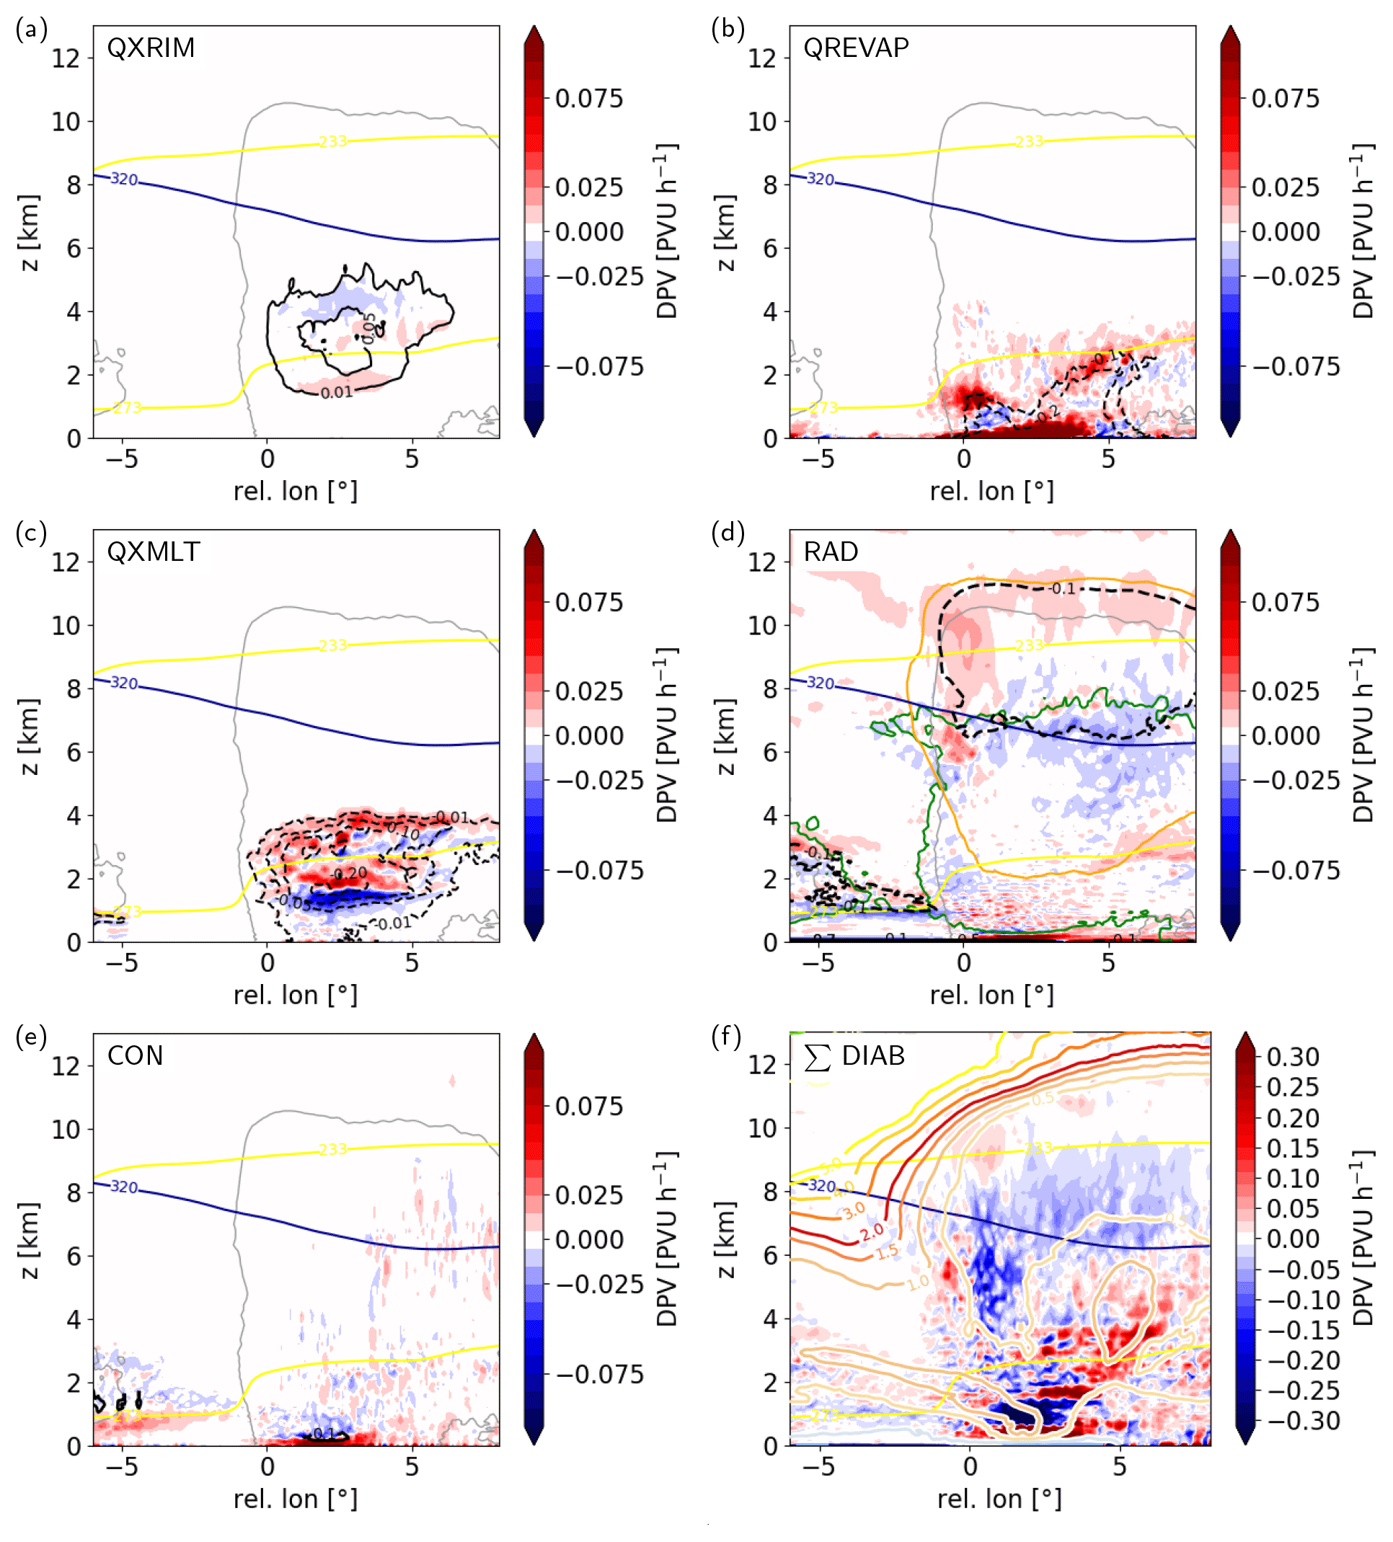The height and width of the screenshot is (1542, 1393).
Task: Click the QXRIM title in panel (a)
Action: pos(151,48)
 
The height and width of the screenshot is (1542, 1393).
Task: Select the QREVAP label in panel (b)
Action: pos(855,48)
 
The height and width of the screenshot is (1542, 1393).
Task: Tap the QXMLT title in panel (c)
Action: pos(153,551)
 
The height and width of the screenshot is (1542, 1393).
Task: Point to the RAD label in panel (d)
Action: pos(830,551)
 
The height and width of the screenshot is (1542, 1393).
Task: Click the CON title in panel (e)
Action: pos(135,1055)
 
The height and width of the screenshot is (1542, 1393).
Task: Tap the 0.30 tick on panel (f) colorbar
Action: pos(1292,1056)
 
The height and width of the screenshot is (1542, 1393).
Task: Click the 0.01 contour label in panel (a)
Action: pos(337,392)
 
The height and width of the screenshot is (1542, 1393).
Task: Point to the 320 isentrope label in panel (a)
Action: pos(124,179)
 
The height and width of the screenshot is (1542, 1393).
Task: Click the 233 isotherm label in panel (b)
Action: pos(1029,141)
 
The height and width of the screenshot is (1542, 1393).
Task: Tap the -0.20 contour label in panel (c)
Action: pos(350,873)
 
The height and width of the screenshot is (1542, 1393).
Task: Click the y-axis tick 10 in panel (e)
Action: pos(66,1128)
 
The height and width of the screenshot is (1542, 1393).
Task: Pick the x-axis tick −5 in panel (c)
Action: pos(121,962)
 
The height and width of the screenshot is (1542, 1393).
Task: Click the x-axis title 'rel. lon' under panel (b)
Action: pos(991,491)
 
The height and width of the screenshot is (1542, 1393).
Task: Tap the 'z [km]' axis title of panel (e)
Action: pos(28,1239)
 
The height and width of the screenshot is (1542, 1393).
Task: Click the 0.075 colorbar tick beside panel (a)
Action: pos(588,98)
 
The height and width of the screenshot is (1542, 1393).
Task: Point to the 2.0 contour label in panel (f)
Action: pos(871,1231)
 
